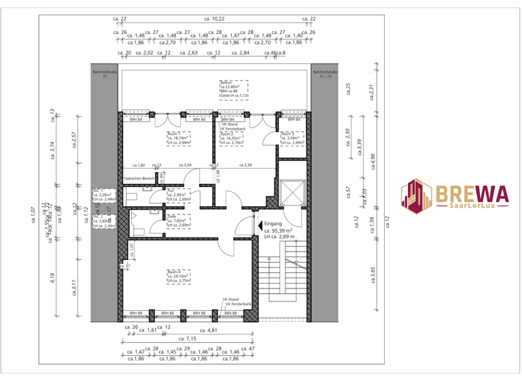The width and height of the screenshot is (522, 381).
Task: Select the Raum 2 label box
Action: (x=231, y=138)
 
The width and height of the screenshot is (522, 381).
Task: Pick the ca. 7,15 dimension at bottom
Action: (x=187, y=338)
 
